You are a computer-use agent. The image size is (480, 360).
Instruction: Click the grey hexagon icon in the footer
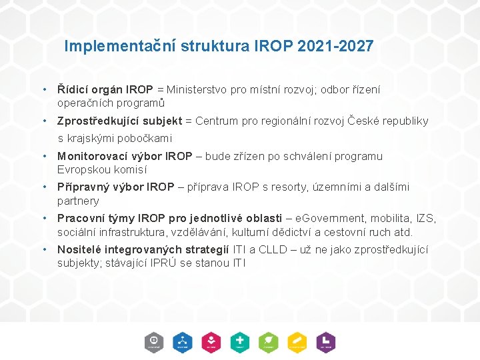coord(154,341)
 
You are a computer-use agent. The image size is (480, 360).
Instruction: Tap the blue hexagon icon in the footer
coord(183,341)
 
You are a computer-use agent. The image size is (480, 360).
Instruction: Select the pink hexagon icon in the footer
coord(211,341)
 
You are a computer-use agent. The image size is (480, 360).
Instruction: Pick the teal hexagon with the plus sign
coord(240,341)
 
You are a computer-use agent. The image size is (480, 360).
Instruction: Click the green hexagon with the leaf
coord(269,341)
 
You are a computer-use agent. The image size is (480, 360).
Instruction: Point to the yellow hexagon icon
coord(297,341)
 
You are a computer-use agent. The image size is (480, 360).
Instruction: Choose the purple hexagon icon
coord(326,341)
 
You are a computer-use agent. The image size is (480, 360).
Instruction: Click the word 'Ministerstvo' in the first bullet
coord(197,89)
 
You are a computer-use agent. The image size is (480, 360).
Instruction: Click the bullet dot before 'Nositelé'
coord(43,249)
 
